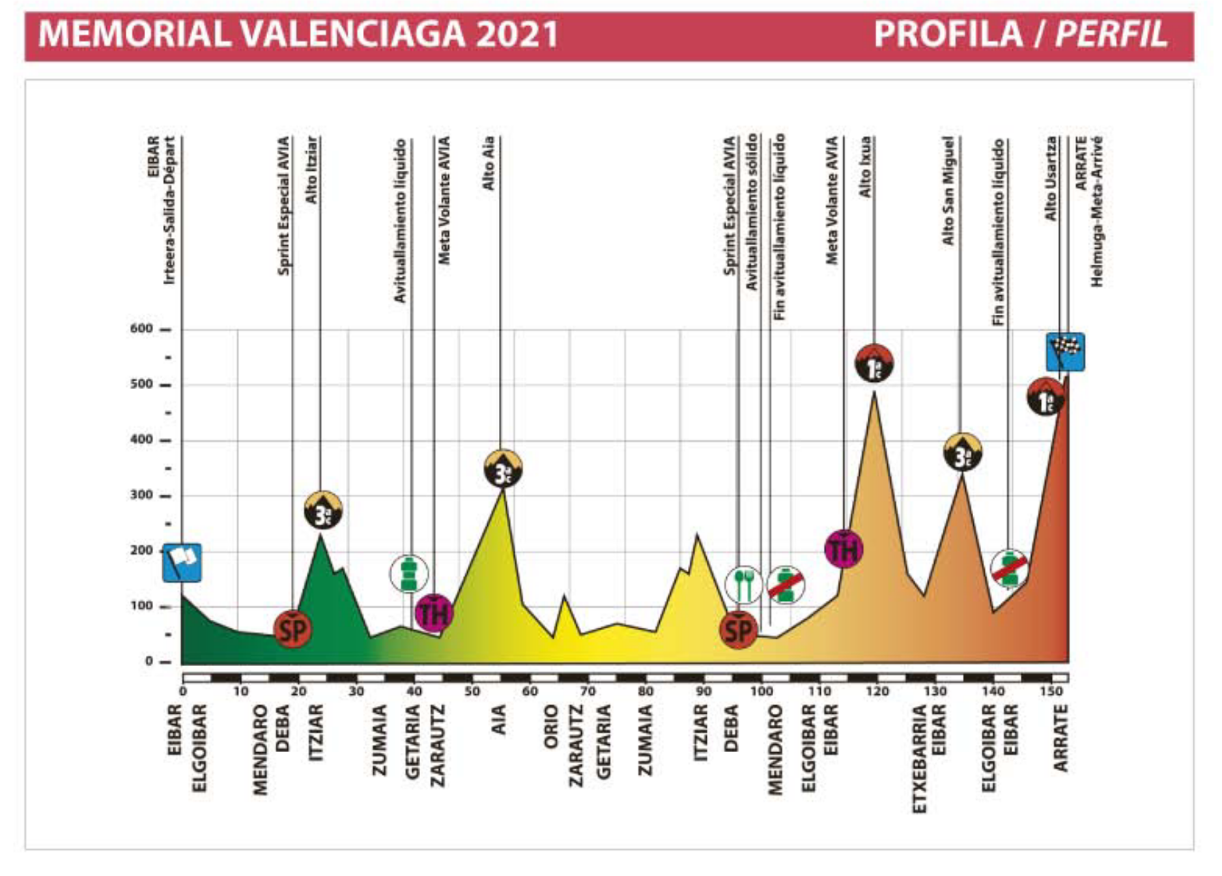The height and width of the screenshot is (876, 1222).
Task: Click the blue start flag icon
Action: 182,562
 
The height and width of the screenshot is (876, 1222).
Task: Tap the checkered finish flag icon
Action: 1065,352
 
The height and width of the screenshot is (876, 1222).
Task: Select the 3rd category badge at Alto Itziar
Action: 323,510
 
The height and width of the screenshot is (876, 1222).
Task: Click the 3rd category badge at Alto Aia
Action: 503,468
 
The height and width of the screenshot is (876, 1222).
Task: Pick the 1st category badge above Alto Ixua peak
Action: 874,363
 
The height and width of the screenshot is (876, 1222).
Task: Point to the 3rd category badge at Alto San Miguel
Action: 963,452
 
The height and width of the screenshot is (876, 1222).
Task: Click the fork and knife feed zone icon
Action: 743,585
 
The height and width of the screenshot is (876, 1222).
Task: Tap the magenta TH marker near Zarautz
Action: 434,613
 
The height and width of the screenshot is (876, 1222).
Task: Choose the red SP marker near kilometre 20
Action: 292,629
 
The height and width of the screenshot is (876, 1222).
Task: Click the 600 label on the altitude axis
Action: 141,329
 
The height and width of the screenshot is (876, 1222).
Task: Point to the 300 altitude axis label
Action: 141,495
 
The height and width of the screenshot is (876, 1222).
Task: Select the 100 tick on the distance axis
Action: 760,692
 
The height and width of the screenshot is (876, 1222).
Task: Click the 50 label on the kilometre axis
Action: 472,692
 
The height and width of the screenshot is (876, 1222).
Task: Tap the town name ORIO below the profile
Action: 551,726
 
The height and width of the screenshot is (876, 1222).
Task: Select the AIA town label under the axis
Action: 498,720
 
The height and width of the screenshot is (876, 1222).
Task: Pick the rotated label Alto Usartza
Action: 1050,178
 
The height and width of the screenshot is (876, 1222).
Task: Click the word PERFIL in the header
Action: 1111,34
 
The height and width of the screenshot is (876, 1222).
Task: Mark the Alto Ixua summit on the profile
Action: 874,392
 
